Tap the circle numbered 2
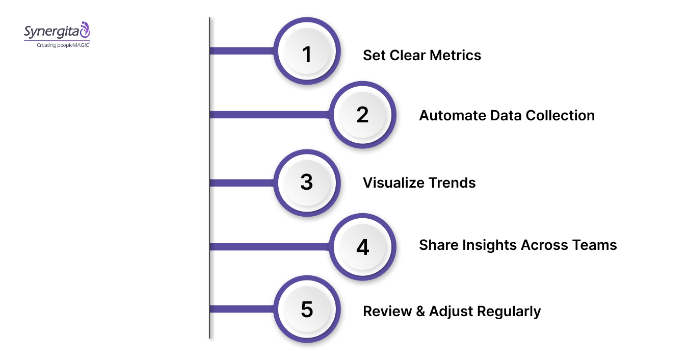coord(362,115)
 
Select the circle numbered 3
coord(307,183)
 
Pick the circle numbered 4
coord(362,247)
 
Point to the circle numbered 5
coord(307,309)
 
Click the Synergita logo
coord(57,31)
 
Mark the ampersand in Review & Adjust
coord(420,311)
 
